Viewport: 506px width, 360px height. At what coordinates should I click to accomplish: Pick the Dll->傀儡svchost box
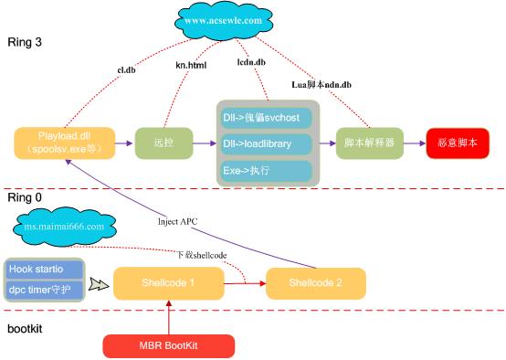[266, 119]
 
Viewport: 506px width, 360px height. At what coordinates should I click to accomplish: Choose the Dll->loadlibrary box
[266, 144]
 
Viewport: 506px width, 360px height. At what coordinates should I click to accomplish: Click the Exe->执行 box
[266, 170]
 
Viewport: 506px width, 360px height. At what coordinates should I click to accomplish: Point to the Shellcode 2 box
[314, 283]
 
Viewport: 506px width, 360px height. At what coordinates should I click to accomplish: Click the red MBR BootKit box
[168, 345]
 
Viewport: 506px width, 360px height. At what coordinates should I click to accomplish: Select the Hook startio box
[44, 270]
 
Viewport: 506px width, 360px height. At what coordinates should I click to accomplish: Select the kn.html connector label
[192, 65]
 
